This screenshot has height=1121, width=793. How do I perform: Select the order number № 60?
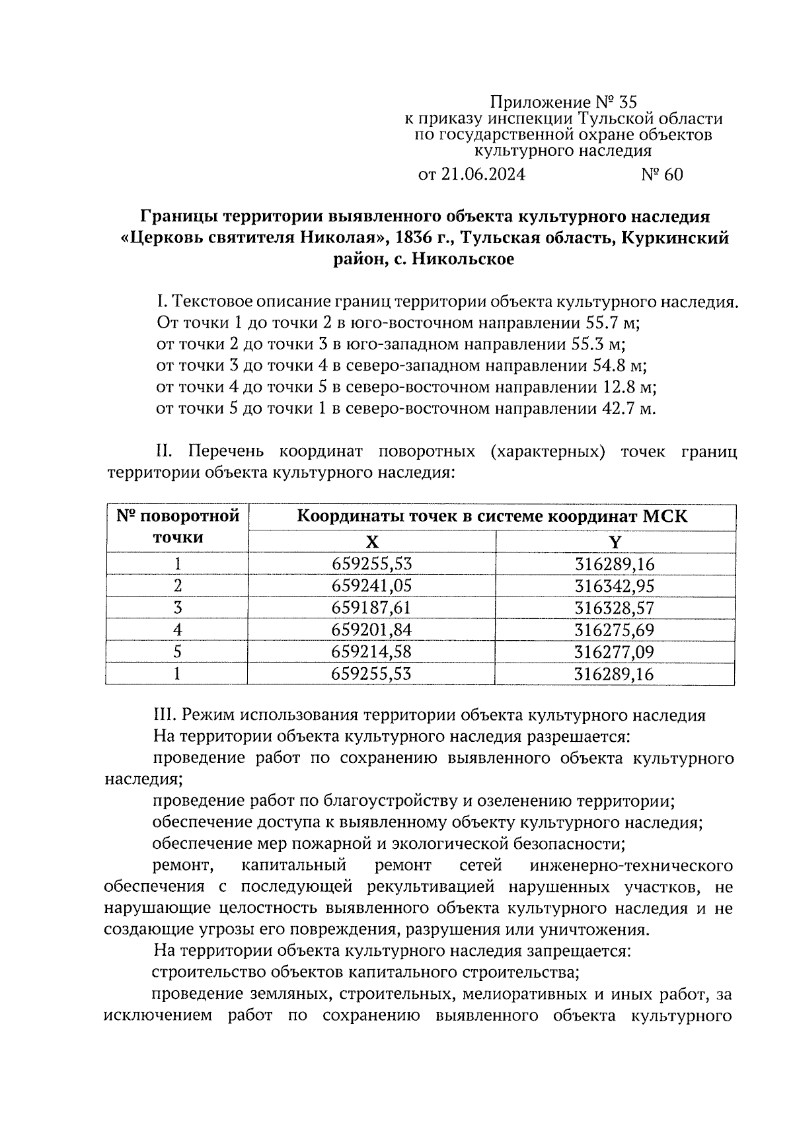click(x=661, y=174)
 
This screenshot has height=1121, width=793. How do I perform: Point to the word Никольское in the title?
click(x=462, y=260)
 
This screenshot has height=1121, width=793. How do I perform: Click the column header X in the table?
click(x=372, y=542)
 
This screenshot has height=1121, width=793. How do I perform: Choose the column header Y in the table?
click(x=615, y=542)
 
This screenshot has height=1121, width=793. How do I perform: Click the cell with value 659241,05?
click(x=372, y=586)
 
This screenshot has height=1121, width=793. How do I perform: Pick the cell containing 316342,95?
click(x=615, y=586)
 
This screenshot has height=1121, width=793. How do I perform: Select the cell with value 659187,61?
click(x=372, y=608)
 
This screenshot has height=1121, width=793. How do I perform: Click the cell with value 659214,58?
click(x=372, y=652)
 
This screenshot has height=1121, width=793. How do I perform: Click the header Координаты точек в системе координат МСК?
click(x=492, y=516)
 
